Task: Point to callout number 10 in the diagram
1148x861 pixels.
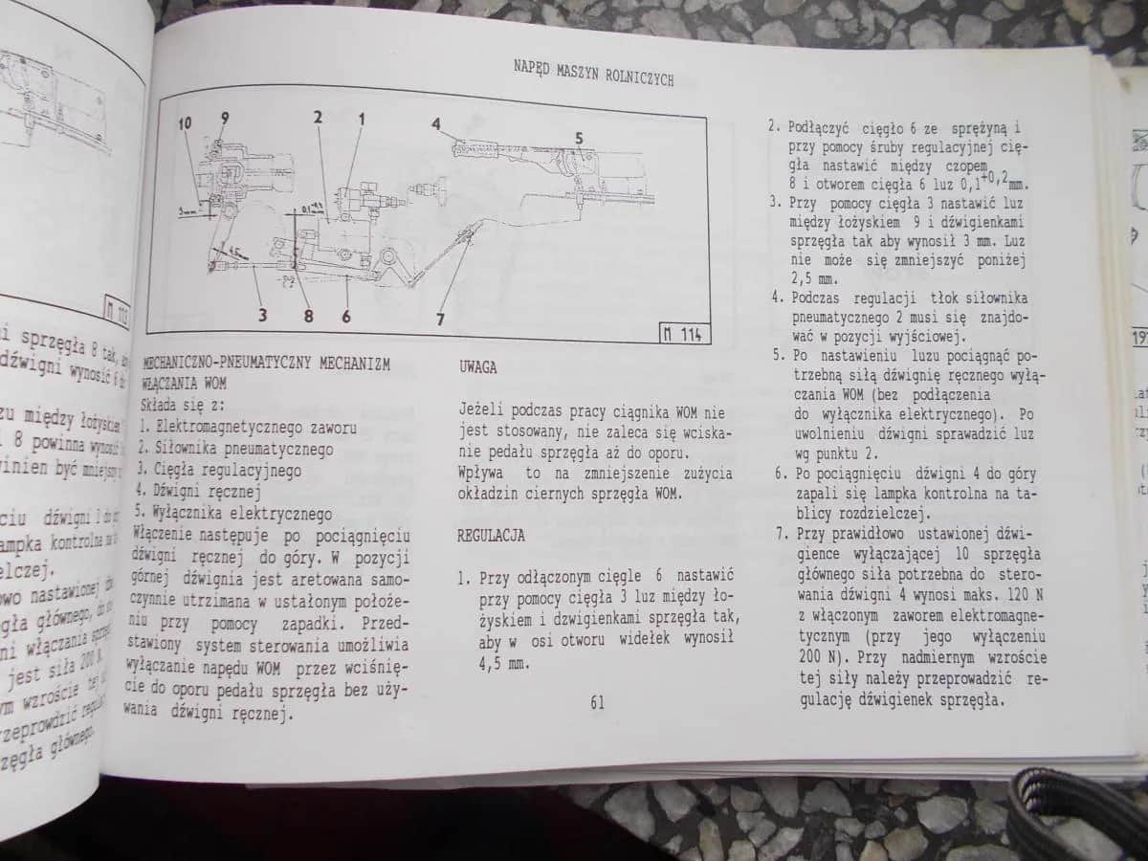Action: pyautogui.click(x=185, y=122)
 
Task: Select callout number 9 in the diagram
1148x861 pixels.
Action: pyautogui.click(x=224, y=118)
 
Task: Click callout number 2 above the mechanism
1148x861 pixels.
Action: pyautogui.click(x=316, y=118)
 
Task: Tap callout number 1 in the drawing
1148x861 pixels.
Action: pyautogui.click(x=362, y=119)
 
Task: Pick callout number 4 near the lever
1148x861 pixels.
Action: pyautogui.click(x=436, y=122)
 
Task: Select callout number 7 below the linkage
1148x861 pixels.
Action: pyautogui.click(x=441, y=320)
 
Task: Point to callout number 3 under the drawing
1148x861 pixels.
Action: pyautogui.click(x=262, y=313)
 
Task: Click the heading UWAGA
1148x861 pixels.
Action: pyautogui.click(x=478, y=366)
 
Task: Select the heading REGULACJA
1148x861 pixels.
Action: pyautogui.click(x=491, y=536)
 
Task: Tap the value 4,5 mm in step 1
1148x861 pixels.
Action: pyautogui.click(x=502, y=661)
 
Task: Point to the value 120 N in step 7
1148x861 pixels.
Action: pyautogui.click(x=1013, y=595)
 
